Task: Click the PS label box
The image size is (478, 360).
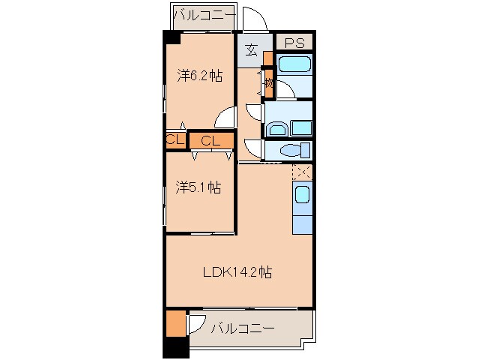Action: click(x=293, y=42)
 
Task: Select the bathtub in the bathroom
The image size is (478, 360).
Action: click(x=293, y=64)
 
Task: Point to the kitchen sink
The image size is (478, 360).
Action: click(x=301, y=196)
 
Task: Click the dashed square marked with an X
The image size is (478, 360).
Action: click(x=303, y=172)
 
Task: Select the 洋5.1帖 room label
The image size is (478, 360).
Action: click(x=198, y=187)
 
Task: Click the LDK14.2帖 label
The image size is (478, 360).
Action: click(x=237, y=272)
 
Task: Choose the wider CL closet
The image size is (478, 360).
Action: click(x=210, y=139)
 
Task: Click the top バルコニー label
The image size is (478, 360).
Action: click(x=204, y=14)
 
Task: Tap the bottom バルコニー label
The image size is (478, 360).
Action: click(x=242, y=328)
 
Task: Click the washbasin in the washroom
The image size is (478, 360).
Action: click(x=276, y=128)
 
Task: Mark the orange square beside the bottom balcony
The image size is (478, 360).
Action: click(x=175, y=322)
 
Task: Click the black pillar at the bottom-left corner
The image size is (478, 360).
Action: click(x=175, y=347)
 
